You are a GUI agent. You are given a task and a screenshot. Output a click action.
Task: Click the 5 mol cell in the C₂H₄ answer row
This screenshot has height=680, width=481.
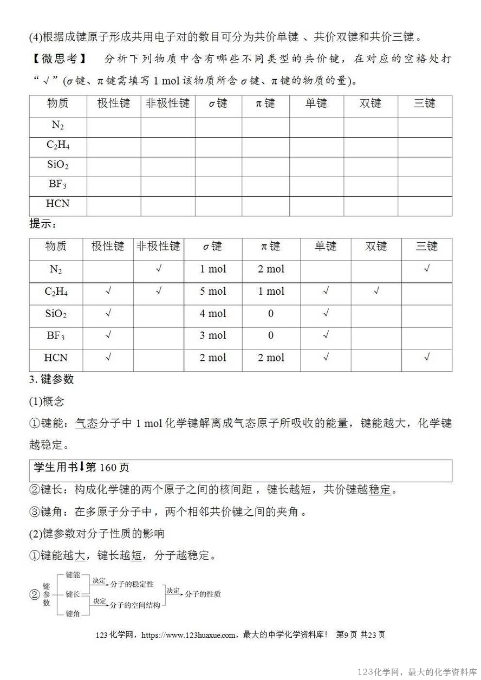click(213, 292)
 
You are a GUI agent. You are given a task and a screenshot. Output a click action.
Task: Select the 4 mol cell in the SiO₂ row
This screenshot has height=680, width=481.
click(213, 314)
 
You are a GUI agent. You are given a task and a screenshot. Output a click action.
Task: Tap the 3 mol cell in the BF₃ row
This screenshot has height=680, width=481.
click(213, 335)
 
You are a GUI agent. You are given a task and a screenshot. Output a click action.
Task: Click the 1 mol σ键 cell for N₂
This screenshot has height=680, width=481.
click(213, 269)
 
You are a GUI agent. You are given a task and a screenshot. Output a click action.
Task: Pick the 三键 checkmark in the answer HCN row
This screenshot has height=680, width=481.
click(426, 357)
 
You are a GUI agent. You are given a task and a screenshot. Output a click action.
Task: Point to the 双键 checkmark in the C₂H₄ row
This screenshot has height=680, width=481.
click(376, 291)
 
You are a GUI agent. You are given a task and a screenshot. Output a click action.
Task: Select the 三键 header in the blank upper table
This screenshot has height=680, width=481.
click(425, 103)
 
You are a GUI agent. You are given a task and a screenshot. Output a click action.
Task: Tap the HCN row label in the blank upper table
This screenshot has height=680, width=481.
click(58, 204)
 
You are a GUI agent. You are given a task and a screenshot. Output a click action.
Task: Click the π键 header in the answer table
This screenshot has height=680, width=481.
click(270, 247)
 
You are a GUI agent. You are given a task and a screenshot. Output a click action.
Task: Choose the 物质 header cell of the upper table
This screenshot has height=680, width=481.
click(58, 103)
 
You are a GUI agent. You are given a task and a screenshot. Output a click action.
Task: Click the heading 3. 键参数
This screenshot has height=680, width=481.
click(51, 379)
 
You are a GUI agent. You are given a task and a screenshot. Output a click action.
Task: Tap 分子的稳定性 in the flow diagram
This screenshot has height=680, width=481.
click(132, 585)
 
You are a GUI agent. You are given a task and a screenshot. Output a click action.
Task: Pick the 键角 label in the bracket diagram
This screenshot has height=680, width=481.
click(73, 613)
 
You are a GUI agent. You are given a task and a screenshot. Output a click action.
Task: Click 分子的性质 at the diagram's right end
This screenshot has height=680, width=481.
click(203, 594)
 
